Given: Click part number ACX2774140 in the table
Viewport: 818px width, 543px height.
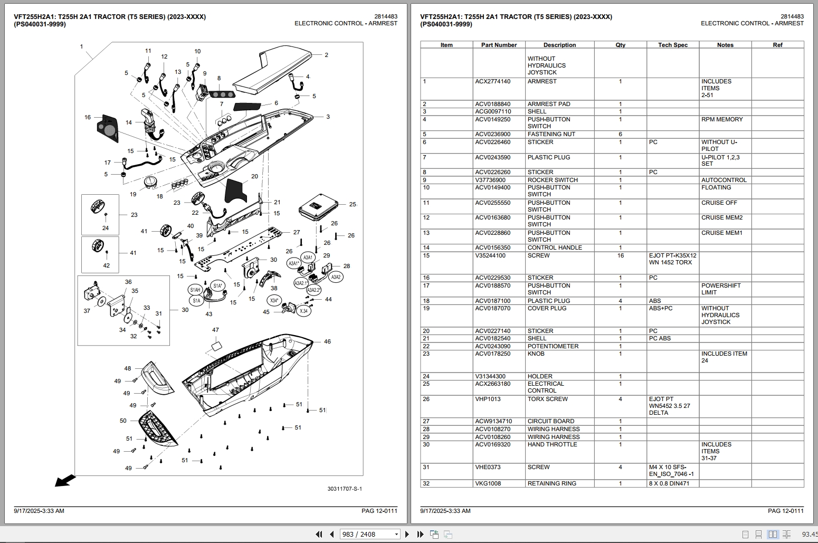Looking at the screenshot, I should click(492, 82).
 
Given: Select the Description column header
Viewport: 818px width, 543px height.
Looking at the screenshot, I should click(559, 45).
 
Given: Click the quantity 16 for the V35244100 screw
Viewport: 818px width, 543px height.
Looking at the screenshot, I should click(620, 256).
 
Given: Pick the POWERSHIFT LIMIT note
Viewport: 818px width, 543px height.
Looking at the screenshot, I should click(720, 289).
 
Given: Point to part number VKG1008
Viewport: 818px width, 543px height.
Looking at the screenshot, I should click(488, 483).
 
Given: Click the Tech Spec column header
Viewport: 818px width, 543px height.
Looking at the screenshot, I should click(672, 45).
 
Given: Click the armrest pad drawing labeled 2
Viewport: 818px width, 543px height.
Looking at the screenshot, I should click(274, 69).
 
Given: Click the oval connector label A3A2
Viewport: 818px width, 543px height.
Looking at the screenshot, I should click(336, 277).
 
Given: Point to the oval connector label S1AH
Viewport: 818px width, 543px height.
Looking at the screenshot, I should click(195, 290).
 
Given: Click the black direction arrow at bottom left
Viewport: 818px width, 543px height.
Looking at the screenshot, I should click(65, 480).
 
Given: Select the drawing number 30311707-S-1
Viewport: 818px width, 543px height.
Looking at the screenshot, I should click(344, 489).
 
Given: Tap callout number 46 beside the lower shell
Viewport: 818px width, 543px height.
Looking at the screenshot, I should click(327, 341).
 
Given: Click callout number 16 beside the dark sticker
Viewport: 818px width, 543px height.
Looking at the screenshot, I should click(88, 117).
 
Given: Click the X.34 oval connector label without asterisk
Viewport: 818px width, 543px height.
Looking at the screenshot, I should click(303, 311).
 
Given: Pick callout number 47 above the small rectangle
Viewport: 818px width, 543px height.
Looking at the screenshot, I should click(215, 330).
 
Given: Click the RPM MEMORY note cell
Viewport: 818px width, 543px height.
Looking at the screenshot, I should click(721, 120).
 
